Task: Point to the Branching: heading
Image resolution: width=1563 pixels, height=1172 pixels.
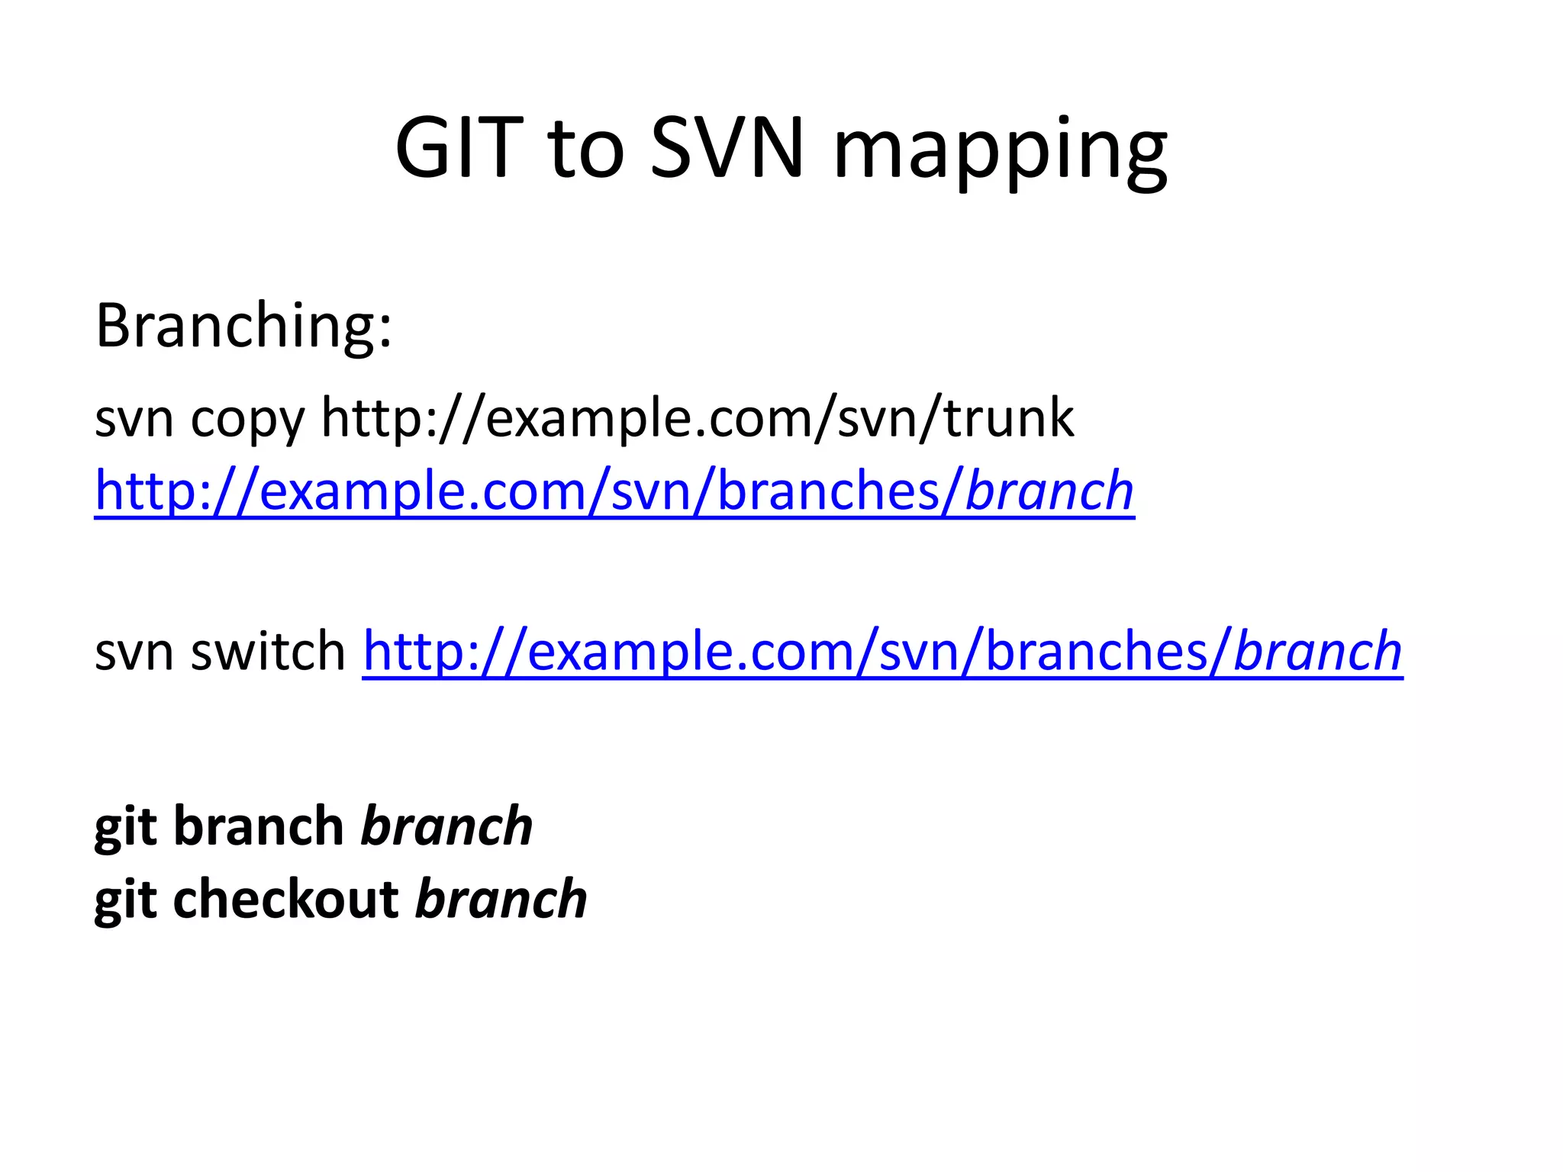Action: point(243,327)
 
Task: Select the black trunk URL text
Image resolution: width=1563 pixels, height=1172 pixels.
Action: point(697,418)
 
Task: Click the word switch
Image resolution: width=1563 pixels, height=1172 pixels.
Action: point(269,652)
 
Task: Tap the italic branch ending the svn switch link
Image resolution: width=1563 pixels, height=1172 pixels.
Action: point(1317,652)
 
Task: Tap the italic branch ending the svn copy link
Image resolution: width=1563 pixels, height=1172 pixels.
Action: point(1049,491)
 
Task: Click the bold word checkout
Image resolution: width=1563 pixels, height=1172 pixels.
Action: point(285,899)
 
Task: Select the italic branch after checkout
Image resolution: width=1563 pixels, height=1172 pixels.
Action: point(501,899)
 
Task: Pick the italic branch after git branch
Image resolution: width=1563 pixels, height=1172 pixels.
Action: point(446,826)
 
